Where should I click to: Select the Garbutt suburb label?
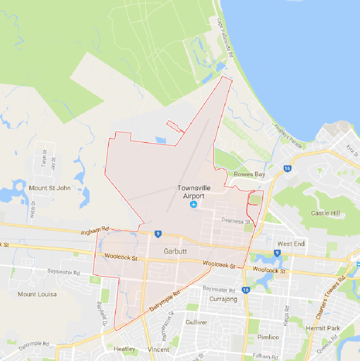click(x=176, y=251)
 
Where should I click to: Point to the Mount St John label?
click(x=50, y=188)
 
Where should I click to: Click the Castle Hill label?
click(x=326, y=213)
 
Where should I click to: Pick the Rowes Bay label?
click(x=250, y=175)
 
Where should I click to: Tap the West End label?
click(x=291, y=244)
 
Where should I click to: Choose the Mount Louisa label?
click(x=37, y=294)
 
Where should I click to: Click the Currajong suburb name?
click(x=224, y=299)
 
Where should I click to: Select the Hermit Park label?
click(x=323, y=328)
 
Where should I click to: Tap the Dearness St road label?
click(x=236, y=221)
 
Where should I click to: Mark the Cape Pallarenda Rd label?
click(x=224, y=37)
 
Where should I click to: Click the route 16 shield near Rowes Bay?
click(x=287, y=169)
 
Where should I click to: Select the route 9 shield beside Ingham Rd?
click(x=159, y=234)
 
